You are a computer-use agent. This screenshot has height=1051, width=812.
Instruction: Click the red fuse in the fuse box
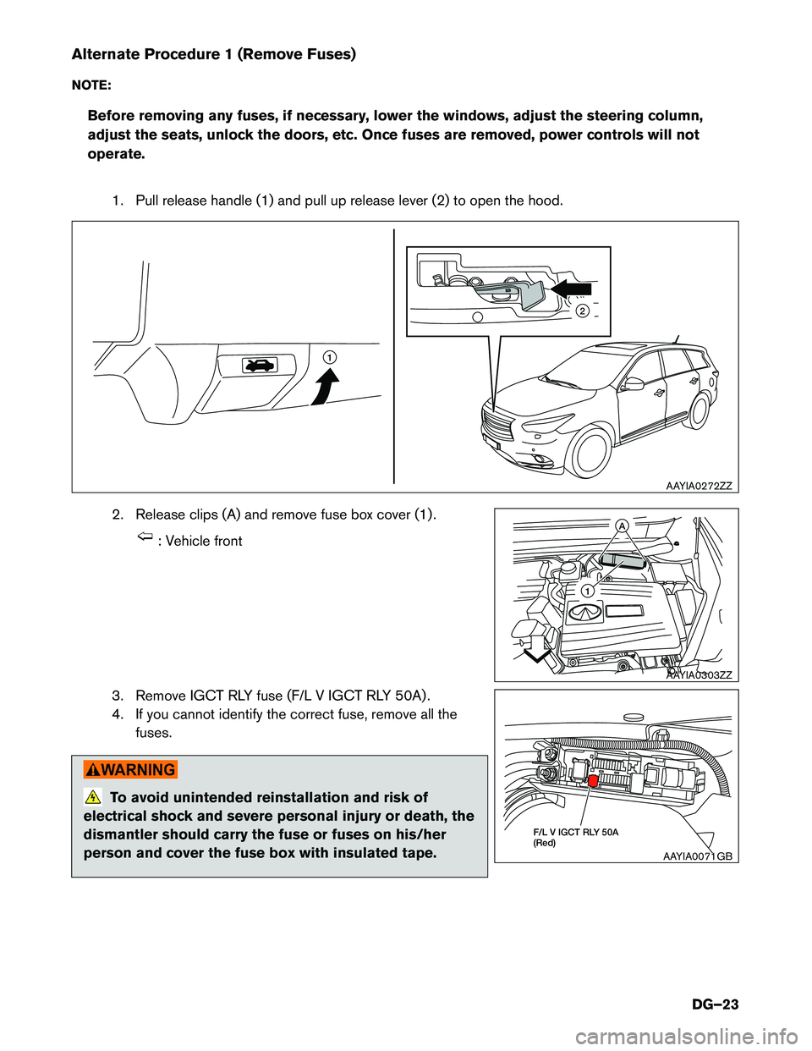point(593,781)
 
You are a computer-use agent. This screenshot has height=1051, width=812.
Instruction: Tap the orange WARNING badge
point(130,769)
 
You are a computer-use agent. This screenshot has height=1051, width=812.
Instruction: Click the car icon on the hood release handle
point(260,365)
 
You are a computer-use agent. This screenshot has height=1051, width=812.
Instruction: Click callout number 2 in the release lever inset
point(582,311)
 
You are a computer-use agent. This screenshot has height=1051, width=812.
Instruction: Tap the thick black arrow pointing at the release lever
point(571,289)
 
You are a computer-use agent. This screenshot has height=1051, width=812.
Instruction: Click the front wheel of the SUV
point(590,453)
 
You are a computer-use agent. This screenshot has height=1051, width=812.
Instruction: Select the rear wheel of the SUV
point(700,410)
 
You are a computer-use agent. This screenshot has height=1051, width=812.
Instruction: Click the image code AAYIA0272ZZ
point(699,486)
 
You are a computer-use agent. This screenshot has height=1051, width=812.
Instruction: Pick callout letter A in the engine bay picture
point(621,525)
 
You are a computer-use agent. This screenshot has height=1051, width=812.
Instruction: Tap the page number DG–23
point(715,1004)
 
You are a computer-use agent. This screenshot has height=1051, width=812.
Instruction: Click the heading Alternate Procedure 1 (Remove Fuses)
point(214,54)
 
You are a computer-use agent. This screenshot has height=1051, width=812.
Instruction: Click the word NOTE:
point(91,85)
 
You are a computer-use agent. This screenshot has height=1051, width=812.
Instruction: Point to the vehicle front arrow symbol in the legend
point(145,537)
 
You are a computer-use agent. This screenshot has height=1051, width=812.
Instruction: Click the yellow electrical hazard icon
point(94,796)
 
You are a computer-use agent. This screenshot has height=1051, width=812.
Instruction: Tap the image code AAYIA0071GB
point(698,856)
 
